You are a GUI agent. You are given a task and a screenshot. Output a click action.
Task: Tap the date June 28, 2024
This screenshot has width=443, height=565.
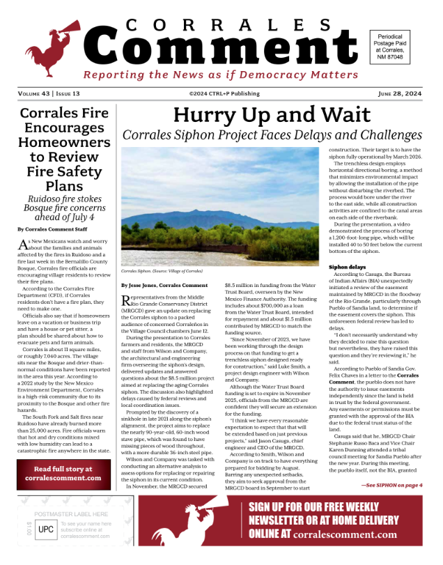399,93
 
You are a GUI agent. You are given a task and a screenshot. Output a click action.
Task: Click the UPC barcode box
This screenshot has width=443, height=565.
45,529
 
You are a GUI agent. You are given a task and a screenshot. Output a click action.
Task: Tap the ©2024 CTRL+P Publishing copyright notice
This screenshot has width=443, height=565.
221,93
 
